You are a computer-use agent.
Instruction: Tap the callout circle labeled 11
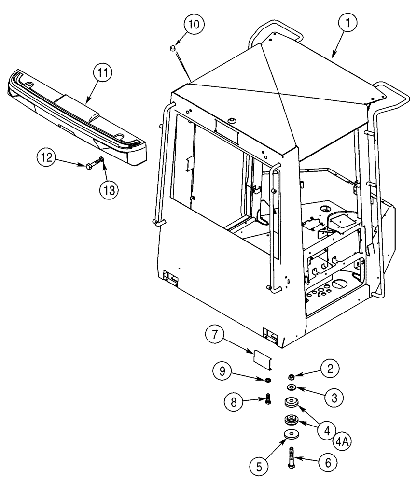click(x=103, y=73)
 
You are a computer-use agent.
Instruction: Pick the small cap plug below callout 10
click(x=171, y=47)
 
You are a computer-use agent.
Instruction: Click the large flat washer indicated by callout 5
click(x=291, y=434)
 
